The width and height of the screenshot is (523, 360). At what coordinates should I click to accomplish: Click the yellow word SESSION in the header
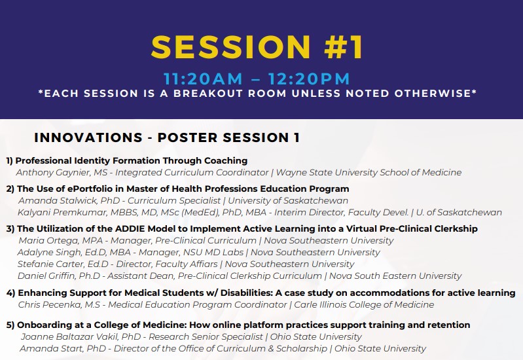point(226,46)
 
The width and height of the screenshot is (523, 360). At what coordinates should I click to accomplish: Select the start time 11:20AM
point(204,79)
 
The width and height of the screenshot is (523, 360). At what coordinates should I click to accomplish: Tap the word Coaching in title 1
point(225,160)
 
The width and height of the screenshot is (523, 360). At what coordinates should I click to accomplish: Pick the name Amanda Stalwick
point(56,201)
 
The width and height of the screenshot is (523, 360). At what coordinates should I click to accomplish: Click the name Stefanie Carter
point(52,264)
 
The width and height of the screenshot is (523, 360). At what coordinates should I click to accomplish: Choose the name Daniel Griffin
point(48,276)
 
